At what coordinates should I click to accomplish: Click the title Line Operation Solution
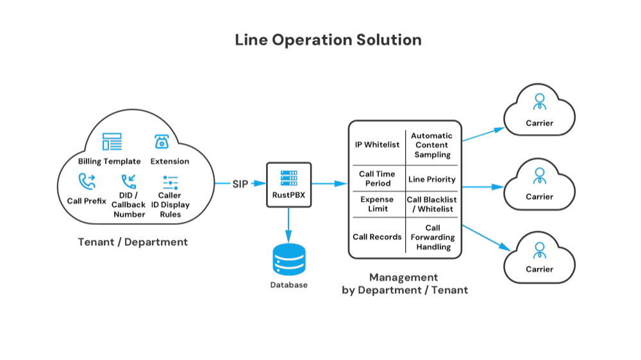tap(328, 40)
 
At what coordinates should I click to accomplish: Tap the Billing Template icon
tap(112, 142)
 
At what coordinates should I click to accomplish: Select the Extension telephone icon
tap(162, 142)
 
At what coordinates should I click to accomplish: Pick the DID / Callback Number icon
tap(129, 181)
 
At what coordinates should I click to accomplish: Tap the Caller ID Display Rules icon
tap(169, 181)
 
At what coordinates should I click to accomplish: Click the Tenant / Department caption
tap(133, 243)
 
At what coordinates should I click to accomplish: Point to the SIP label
tap(240, 184)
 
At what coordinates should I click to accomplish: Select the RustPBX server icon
tap(288, 177)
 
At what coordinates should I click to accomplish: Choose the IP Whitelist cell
tap(377, 145)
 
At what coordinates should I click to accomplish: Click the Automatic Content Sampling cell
tap(431, 145)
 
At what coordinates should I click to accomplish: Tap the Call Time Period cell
tap(377, 179)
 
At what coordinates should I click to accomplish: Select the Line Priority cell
tap(431, 179)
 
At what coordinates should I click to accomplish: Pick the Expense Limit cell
tap(377, 204)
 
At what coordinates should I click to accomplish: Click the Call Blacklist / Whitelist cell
tap(431, 204)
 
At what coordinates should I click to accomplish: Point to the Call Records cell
tap(377, 237)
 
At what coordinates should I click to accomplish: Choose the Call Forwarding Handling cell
tap(431, 237)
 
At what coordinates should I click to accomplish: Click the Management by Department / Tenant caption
tap(404, 284)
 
